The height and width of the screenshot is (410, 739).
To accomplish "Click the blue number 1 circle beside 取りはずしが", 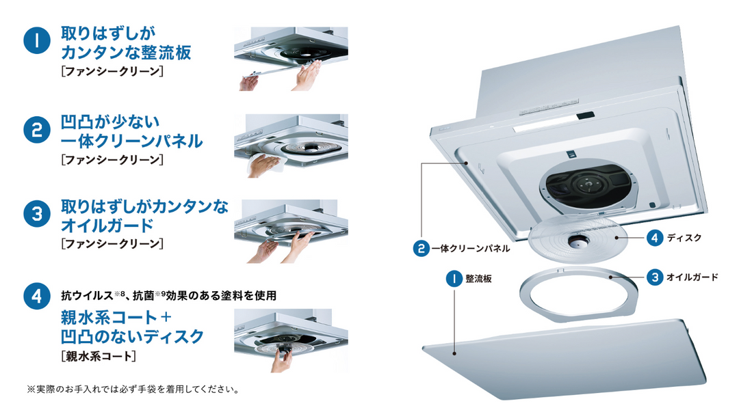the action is click(x=37, y=40).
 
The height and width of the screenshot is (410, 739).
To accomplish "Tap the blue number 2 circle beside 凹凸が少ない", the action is click(x=37, y=130).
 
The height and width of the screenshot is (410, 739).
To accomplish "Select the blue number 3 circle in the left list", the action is click(x=37, y=214).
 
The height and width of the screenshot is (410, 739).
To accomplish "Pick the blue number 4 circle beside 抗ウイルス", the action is click(x=37, y=296).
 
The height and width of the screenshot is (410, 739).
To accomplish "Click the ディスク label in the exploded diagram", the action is click(x=684, y=238).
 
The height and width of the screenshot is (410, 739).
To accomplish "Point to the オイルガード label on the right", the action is click(x=692, y=277).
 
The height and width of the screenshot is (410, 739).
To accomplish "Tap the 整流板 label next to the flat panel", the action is click(x=478, y=279).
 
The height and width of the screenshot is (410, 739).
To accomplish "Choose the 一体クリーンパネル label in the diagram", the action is click(x=471, y=249).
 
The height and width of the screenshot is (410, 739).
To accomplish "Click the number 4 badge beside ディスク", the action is click(x=655, y=238).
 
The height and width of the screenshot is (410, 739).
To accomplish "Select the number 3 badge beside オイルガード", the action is click(x=655, y=277).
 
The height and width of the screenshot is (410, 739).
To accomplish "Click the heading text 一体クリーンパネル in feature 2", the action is click(x=132, y=141).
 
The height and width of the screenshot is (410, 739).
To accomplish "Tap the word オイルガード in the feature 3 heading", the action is click(x=107, y=225).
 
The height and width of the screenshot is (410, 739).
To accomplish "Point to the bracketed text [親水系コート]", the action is click(x=99, y=356).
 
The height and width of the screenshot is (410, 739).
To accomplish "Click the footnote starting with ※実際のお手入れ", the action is click(x=133, y=389).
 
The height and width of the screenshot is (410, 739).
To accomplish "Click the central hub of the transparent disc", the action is click(x=576, y=241).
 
